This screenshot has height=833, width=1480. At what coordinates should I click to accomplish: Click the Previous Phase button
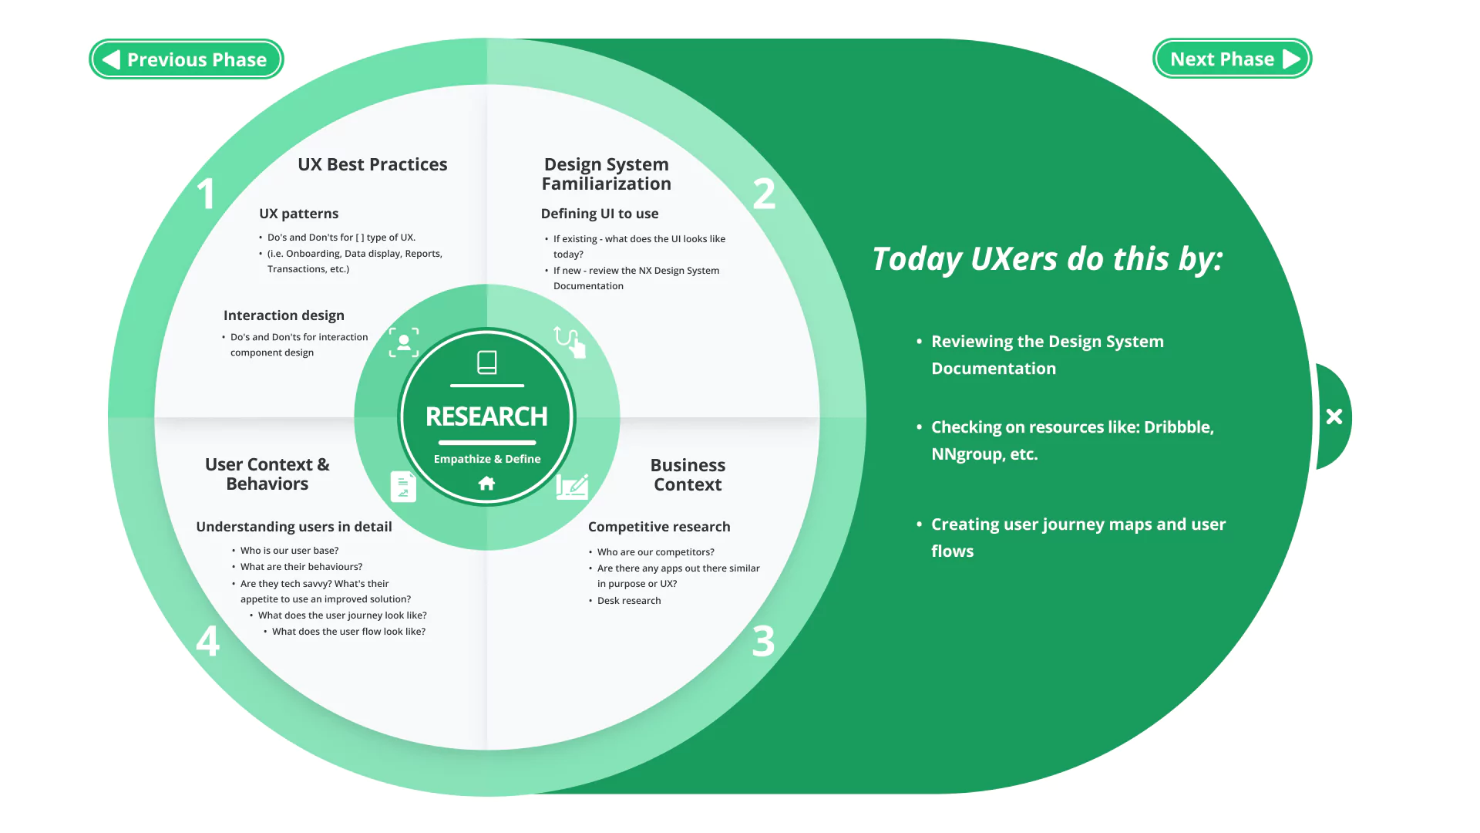pyautogui.click(x=187, y=59)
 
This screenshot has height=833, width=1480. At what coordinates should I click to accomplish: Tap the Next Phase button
pyautogui.click(x=1232, y=59)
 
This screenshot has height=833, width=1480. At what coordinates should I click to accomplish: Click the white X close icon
pyautogui.click(x=1334, y=416)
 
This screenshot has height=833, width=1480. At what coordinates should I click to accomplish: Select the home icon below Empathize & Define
pyautogui.click(x=486, y=484)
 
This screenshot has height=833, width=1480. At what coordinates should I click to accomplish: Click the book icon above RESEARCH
pyautogui.click(x=486, y=362)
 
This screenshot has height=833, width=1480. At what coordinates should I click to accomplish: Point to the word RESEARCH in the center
pyautogui.click(x=486, y=416)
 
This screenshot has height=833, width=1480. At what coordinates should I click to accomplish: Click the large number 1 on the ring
pyautogui.click(x=205, y=194)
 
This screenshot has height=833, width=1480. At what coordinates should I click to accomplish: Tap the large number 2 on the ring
pyautogui.click(x=764, y=194)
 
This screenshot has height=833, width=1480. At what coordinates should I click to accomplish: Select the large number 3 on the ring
pyautogui.click(x=763, y=641)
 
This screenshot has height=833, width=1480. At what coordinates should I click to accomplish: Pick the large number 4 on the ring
pyautogui.click(x=207, y=641)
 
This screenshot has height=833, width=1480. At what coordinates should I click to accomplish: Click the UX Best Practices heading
pyautogui.click(x=372, y=164)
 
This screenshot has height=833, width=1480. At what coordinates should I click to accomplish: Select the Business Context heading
pyautogui.click(x=688, y=474)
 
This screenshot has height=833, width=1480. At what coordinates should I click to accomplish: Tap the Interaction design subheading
pyautogui.click(x=284, y=315)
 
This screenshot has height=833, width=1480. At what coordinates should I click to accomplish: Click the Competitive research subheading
pyautogui.click(x=659, y=527)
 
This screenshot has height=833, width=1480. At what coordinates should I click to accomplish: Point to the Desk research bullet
pyautogui.click(x=629, y=601)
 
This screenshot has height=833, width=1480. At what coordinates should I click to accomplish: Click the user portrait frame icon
pyautogui.click(x=404, y=342)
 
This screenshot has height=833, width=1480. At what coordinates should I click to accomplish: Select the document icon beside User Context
pyautogui.click(x=403, y=487)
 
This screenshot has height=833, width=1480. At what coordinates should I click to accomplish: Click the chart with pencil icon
pyautogui.click(x=572, y=487)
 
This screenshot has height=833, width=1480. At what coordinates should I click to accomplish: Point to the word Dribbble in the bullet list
pyautogui.click(x=1178, y=427)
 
